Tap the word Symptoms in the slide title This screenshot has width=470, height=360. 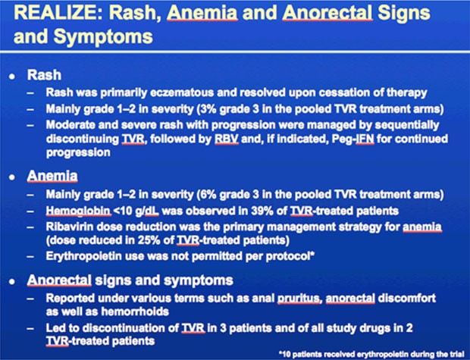103,37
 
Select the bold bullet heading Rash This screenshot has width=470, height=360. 44,75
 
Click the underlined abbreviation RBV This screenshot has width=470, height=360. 227,139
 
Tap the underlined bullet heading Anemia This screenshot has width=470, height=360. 52,176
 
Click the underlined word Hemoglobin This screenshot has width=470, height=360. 78,211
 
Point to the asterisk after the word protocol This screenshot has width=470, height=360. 312,254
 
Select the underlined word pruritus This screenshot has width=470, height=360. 299,299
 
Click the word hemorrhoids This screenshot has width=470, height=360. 135,311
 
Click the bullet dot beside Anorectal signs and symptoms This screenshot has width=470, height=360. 12,282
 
